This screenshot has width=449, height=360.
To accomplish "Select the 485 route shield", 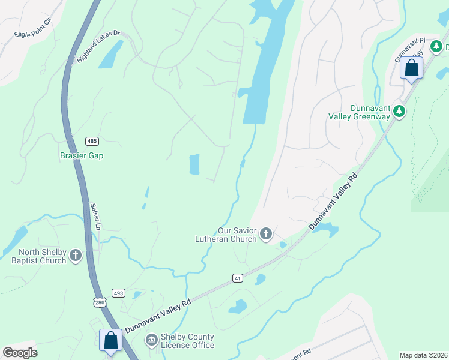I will pyautogui.click(x=92, y=141).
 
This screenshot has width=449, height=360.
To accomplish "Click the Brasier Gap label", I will pyautogui.click(x=82, y=155).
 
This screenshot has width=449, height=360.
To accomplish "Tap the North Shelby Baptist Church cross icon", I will pyautogui.click(x=76, y=256).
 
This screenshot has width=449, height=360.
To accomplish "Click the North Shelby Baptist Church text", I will pyautogui.click(x=38, y=256).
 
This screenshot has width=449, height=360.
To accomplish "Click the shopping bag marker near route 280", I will pyautogui.click(x=111, y=340).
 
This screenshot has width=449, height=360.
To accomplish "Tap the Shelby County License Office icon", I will pyautogui.click(x=152, y=341).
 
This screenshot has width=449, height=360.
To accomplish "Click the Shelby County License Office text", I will pyautogui.click(x=187, y=341).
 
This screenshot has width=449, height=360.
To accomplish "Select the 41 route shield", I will pyautogui.click(x=238, y=278).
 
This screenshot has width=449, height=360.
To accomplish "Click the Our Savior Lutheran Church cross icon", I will pyautogui.click(x=266, y=233).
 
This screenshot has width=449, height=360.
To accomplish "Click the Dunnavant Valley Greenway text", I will pyautogui.click(x=359, y=112).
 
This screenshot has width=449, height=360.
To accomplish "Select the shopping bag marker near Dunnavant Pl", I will pyautogui.click(x=412, y=68).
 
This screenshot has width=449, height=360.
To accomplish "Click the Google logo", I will pyautogui.click(x=20, y=353).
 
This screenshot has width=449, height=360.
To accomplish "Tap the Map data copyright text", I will pyautogui.click(x=423, y=355).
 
